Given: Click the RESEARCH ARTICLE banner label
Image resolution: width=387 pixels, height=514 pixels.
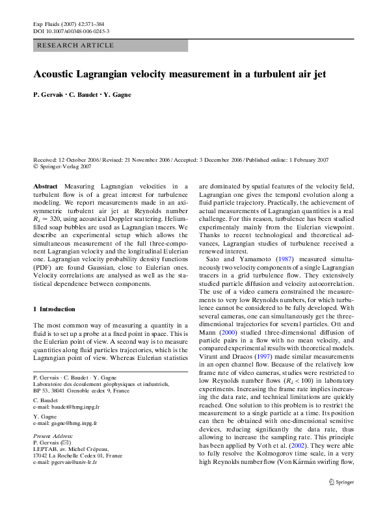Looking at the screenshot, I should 76,45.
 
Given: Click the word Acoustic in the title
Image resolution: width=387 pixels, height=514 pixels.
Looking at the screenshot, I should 57,74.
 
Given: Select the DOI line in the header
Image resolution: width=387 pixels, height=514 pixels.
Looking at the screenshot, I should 71,31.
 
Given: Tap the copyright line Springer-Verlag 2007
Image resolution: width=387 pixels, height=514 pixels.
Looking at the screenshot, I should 64,166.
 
